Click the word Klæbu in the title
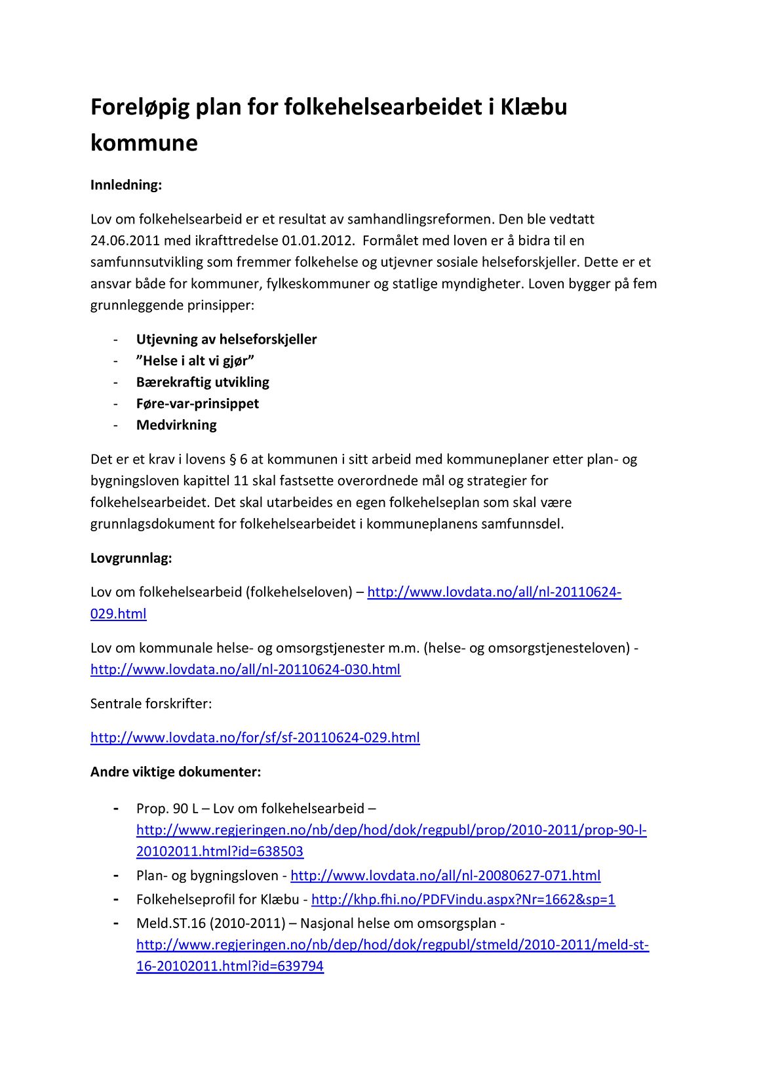pyautogui.click(x=534, y=106)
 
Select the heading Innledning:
pyautogui.click(x=126, y=185)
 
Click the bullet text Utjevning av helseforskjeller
pyautogui.click(x=226, y=339)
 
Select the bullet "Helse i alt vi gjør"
pyautogui.click(x=195, y=361)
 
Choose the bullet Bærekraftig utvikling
pyautogui.click(x=203, y=382)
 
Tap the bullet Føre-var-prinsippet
pyautogui.click(x=197, y=403)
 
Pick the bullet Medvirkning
pyautogui.click(x=176, y=425)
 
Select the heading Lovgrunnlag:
pyautogui.click(x=131, y=559)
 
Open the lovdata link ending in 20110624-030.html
pyautogui.click(x=245, y=670)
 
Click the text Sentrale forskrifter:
pyautogui.click(x=151, y=704)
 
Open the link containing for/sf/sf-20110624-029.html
pyautogui.click(x=255, y=737)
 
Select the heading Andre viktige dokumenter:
pyautogui.click(x=176, y=771)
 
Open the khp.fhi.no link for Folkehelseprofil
pyautogui.click(x=463, y=899)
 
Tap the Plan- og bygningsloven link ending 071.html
pyautogui.click(x=445, y=876)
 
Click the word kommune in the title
pyautogui.click(x=144, y=142)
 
